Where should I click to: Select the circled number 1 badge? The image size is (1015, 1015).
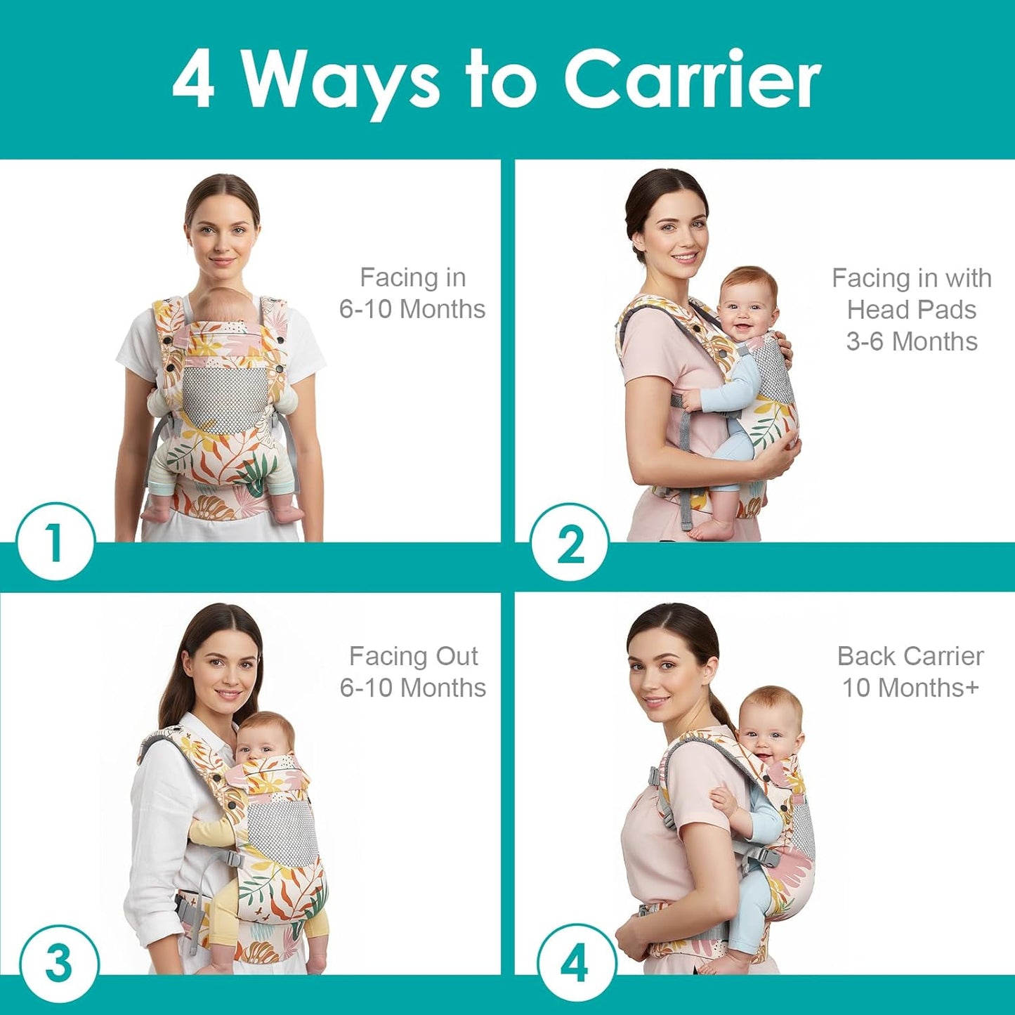click(x=55, y=542)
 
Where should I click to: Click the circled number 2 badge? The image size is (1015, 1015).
click(x=570, y=542)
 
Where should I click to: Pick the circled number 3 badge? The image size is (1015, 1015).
click(x=58, y=963)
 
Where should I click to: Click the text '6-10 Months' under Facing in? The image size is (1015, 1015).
click(x=412, y=309)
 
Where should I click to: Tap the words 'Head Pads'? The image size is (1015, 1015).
click(x=911, y=310)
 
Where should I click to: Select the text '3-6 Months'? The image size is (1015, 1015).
click(x=911, y=341)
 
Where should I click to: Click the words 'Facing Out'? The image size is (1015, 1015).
click(x=413, y=656)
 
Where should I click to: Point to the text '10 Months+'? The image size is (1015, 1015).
click(x=910, y=688)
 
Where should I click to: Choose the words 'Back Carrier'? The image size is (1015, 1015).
click(x=910, y=656)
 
